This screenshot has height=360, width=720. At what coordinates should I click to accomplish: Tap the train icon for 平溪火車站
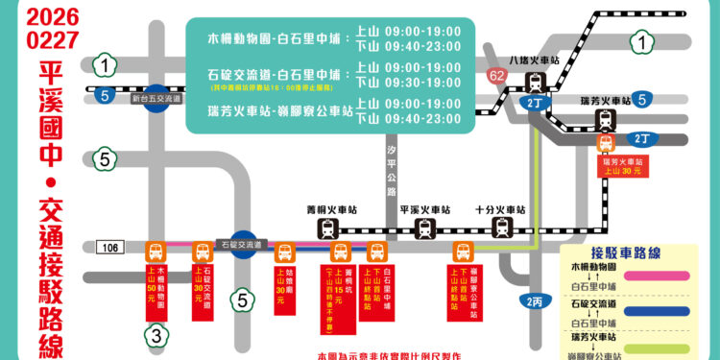[x=425, y=228]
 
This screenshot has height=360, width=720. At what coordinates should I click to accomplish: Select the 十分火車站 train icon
[x=501, y=228]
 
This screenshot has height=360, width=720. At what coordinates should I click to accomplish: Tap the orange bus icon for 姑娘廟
[x=285, y=252]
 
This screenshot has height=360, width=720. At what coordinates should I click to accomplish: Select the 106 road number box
[x=112, y=249]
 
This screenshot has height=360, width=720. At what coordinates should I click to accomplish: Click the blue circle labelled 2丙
[x=536, y=301]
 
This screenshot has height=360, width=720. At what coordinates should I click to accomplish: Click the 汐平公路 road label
[x=392, y=172]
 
